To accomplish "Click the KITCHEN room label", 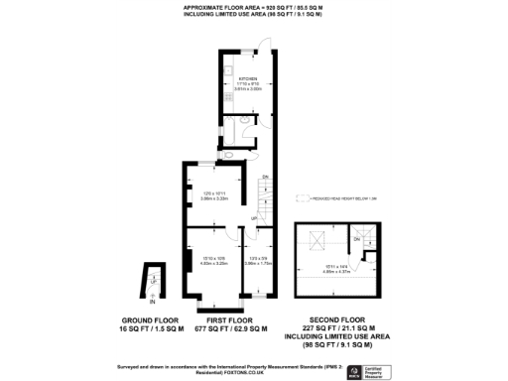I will [x=248, y=79].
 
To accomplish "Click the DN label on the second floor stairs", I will [x=356, y=238].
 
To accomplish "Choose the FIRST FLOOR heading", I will [x=233, y=321].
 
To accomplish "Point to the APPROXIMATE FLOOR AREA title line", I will [x=254, y=7].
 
